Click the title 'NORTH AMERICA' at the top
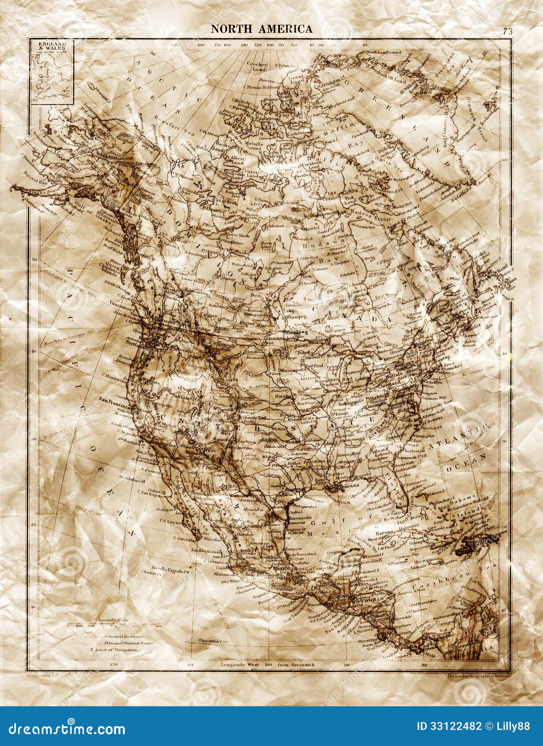pyautogui.click(x=262, y=29)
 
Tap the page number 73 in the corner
pyautogui.click(x=507, y=31)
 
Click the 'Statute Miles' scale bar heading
pyautogui.click(x=113, y=620)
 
